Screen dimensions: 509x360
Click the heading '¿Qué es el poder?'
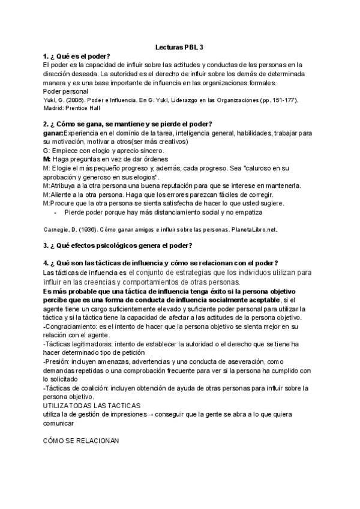point(76,56)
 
